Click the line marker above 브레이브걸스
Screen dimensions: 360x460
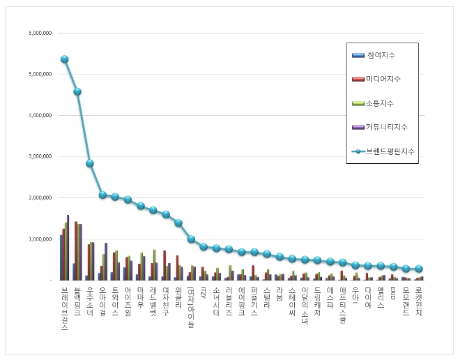[64, 59]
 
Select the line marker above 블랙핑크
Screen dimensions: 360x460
[77, 91]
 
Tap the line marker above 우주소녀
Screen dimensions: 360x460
[90, 163]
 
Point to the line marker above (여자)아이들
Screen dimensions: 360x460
[191, 239]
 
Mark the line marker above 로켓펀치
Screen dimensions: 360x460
[418, 269]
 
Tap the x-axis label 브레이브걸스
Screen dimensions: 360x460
[65, 307]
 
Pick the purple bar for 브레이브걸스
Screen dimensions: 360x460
[68, 248]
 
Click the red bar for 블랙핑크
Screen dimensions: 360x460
[76, 251]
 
